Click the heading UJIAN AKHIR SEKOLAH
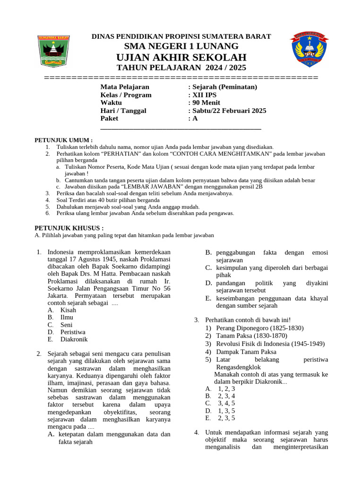(x=181, y=57)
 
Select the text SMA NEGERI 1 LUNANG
(x=181, y=46)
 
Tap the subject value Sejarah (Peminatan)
(x=224, y=87)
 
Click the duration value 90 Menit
(x=206, y=103)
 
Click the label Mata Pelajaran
(x=125, y=87)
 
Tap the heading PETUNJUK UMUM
(x=64, y=140)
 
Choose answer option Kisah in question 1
(x=68, y=310)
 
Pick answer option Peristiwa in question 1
(x=73, y=332)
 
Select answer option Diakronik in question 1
(x=74, y=339)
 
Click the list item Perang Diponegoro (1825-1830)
(x=259, y=328)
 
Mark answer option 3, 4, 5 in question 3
(x=226, y=403)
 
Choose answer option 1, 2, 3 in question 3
(x=226, y=389)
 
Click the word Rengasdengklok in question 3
(x=238, y=367)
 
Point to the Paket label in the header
(x=109, y=119)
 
